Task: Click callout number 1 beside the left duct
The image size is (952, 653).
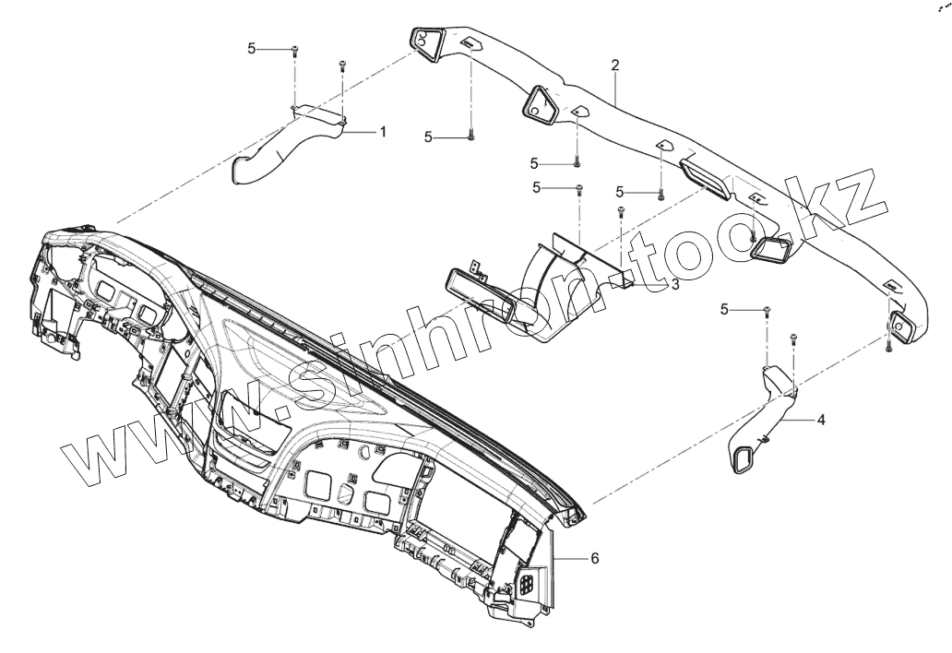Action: click(x=382, y=132)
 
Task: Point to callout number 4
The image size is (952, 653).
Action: click(x=821, y=419)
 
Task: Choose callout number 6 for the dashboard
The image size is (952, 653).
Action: click(x=595, y=558)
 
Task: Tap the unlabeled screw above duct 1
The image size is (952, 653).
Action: click(x=342, y=63)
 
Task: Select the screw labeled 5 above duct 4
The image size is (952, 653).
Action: click(x=768, y=310)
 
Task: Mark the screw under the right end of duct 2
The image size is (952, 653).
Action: click(x=887, y=347)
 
